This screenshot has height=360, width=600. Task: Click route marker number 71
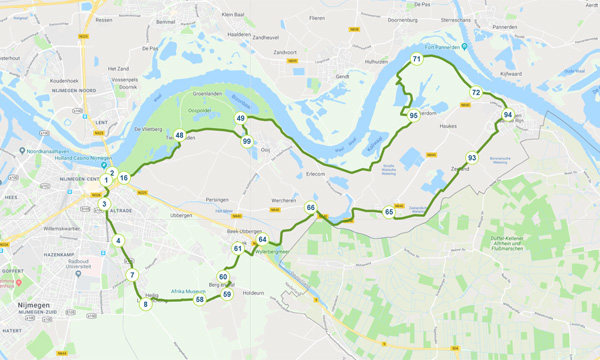tap(416, 60)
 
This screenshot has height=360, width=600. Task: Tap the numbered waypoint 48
tap(179, 135)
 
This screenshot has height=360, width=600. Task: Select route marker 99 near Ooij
tap(246, 141)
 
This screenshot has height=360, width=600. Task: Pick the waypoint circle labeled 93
tap(471, 158)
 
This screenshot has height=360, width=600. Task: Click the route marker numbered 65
tap(389, 212)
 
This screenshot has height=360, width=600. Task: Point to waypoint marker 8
tap(145, 304)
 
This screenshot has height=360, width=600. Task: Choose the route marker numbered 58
tap(200, 299)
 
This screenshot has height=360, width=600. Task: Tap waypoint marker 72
tap(476, 93)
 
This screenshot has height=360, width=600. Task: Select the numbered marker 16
tap(124, 178)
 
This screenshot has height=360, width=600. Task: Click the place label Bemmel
tap(166, 21)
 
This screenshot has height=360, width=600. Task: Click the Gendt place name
tap(341, 76)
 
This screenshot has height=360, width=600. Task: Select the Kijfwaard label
tap(510, 74)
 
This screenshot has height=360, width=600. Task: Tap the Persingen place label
tap(218, 200)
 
